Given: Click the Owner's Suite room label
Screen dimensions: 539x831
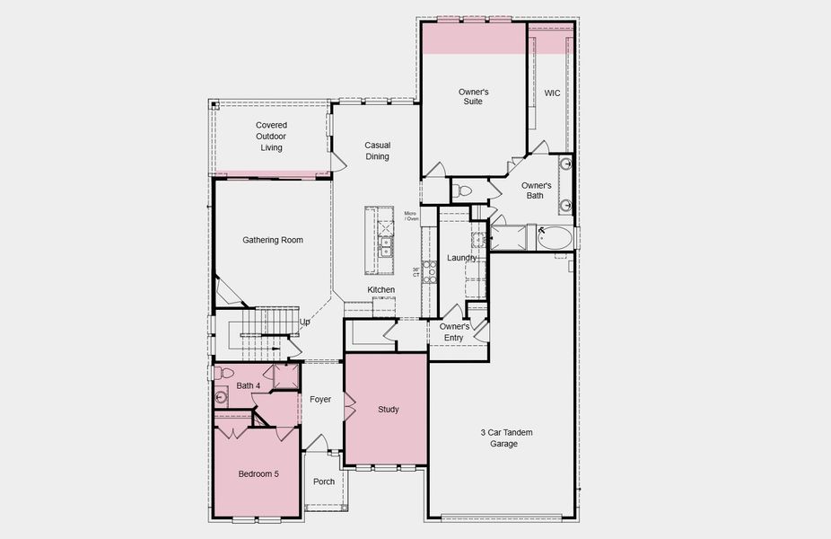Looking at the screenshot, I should [x=473, y=97].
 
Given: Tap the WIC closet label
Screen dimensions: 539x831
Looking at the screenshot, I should [x=551, y=93].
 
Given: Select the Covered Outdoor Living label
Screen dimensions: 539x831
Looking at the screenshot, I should [x=271, y=137].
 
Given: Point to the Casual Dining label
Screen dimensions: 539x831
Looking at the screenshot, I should [x=377, y=151].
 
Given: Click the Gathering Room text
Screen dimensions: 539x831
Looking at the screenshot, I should [x=273, y=240].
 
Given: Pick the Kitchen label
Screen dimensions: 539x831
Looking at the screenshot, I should [x=381, y=289].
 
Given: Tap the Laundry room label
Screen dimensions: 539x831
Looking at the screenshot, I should [x=461, y=259].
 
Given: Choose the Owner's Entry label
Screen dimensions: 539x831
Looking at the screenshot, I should [x=454, y=331].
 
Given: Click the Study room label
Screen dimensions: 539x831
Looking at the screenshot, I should [x=388, y=410].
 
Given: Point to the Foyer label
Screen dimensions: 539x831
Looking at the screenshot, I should [x=320, y=399].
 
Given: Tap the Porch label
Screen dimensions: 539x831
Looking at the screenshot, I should [x=324, y=482].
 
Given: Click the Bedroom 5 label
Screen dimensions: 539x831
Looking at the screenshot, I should [x=258, y=473].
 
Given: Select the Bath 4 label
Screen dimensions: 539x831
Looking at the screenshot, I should [x=249, y=386].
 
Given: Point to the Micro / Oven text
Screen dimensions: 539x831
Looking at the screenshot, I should [x=411, y=216].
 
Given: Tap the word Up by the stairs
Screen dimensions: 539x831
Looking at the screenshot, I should [x=305, y=322].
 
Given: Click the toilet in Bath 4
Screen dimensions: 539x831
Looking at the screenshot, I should [x=224, y=372].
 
